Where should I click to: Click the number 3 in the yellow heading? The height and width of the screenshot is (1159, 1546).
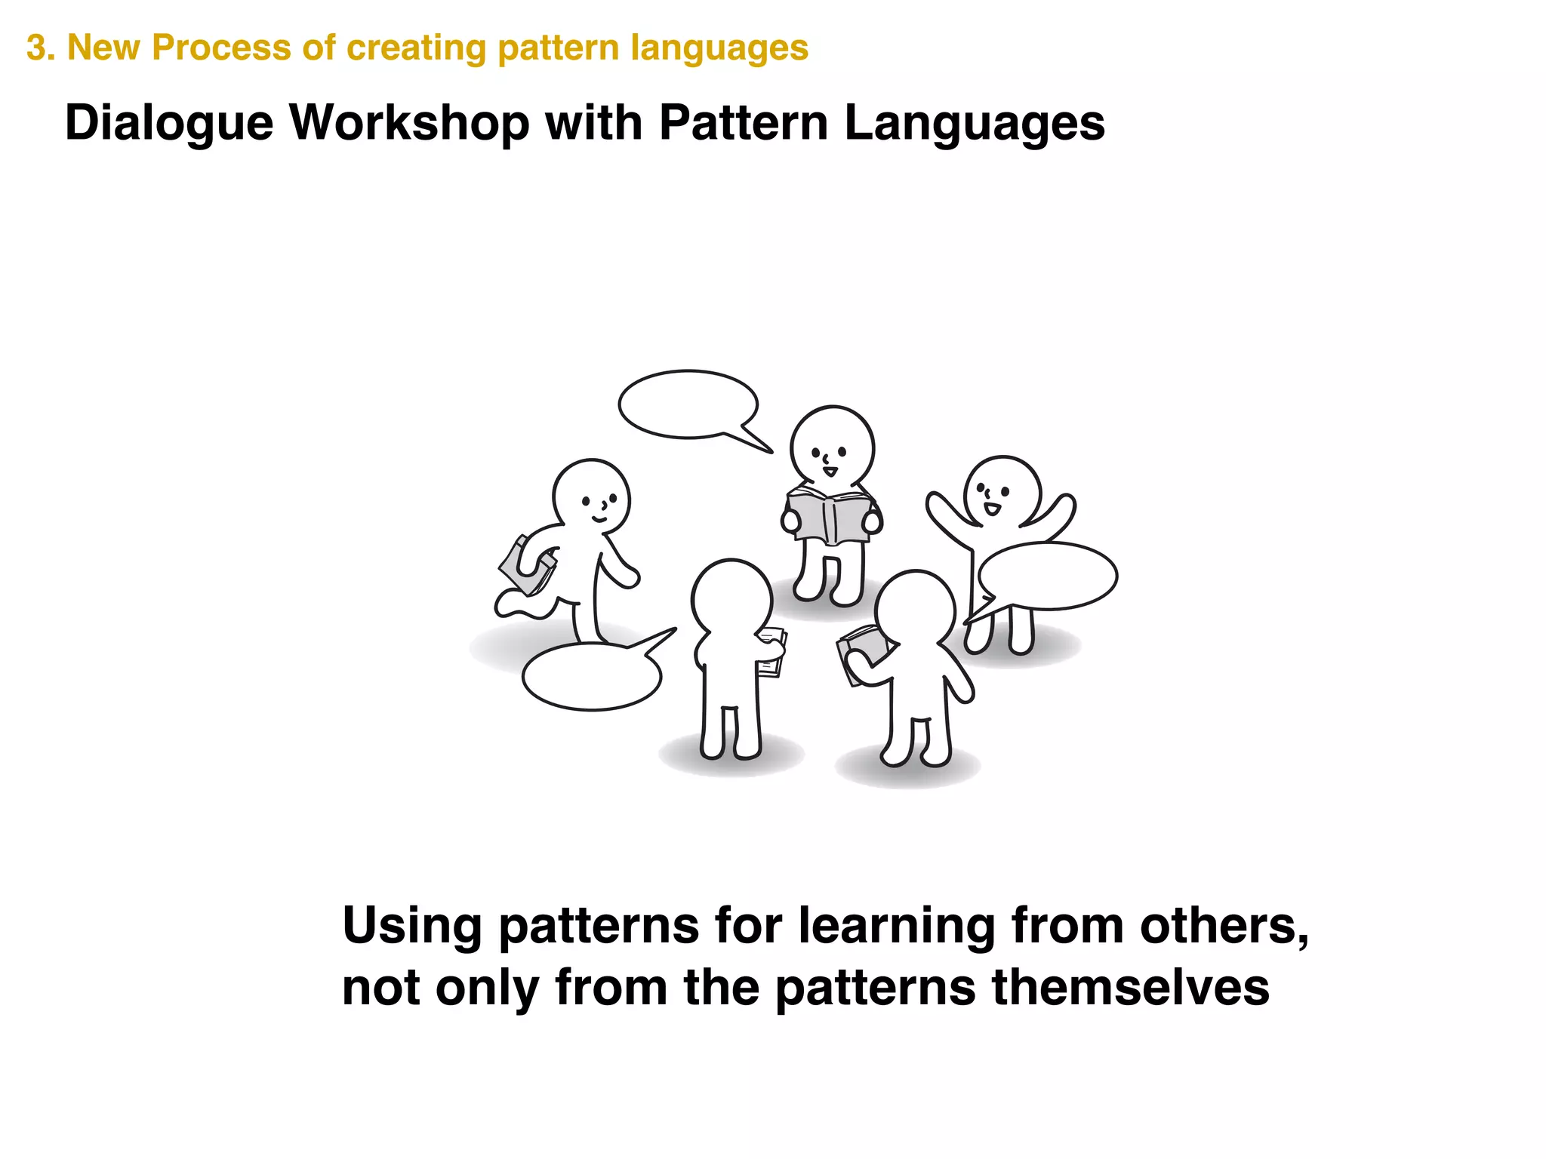(35, 48)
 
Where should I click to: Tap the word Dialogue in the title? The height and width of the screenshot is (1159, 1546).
(168, 123)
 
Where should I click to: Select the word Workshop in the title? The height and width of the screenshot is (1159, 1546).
(409, 123)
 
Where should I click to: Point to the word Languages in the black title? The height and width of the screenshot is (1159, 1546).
(974, 123)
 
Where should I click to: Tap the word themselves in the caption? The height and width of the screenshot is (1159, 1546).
(1130, 988)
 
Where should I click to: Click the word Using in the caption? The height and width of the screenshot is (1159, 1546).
(411, 927)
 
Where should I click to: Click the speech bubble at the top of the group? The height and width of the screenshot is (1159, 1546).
(688, 404)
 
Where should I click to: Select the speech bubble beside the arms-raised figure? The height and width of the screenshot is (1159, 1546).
(1048, 576)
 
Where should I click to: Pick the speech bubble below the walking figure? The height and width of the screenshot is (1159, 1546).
(592, 677)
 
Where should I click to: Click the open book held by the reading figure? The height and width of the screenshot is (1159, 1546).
(829, 516)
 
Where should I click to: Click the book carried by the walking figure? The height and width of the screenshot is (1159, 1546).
(526, 567)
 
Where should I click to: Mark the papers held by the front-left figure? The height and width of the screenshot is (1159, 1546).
(773, 652)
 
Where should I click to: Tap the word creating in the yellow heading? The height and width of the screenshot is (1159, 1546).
(417, 48)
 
